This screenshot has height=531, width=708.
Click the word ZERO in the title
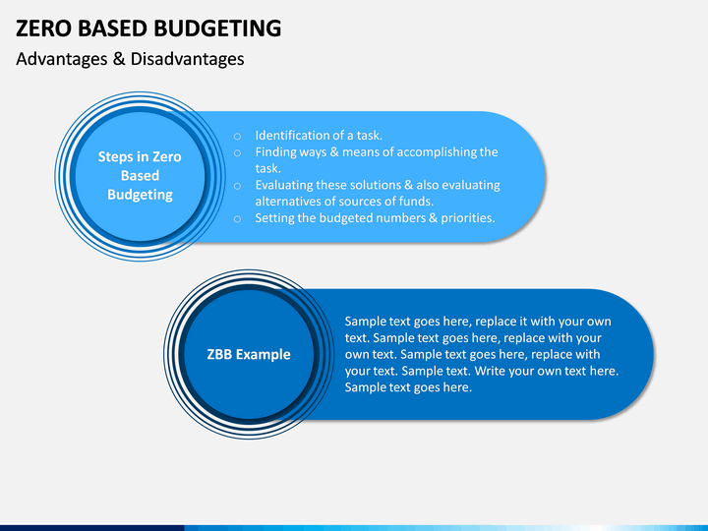coord(43,28)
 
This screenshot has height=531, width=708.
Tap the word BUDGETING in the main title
coord(217,28)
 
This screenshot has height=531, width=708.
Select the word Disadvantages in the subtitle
coord(188,59)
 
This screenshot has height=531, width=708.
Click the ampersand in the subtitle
coord(119,59)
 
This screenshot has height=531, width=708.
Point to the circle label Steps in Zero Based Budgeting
coord(140,176)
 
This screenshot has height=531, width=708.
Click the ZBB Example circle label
coord(249,354)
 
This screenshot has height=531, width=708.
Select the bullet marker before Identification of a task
coord(237,136)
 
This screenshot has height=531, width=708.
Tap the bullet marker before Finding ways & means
coord(237,152)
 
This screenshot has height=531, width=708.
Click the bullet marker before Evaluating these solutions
coord(237,186)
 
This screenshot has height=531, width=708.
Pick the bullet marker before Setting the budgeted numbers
coord(237,218)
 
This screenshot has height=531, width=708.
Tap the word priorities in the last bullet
coord(468,218)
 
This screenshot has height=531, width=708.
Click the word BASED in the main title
coord(112,28)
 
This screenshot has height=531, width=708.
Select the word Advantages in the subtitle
coord(62,59)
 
